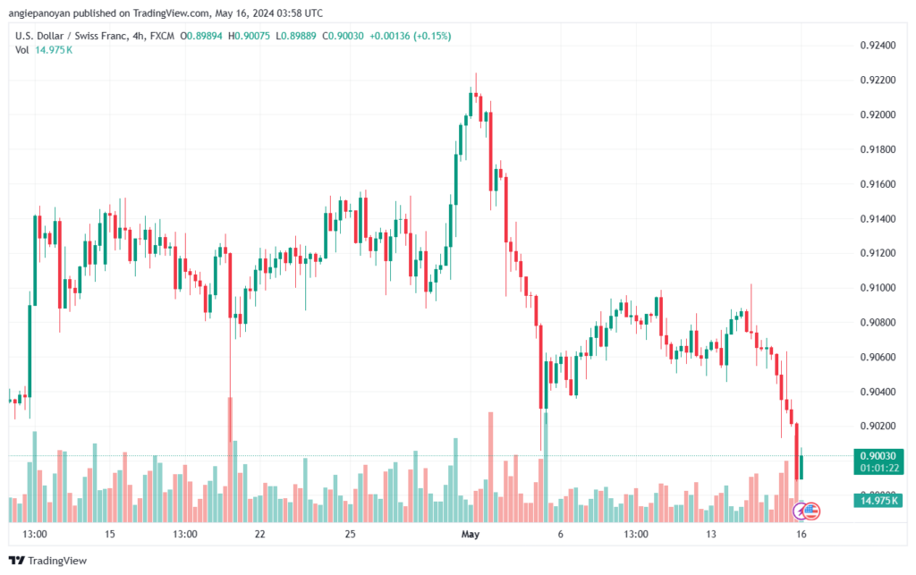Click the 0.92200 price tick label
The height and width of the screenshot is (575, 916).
(878, 80)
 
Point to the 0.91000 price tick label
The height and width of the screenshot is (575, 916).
(878, 288)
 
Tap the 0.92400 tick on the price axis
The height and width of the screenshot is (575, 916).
(878, 46)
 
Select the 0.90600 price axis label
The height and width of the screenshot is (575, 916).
(878, 358)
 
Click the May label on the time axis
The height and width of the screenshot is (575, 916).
(471, 534)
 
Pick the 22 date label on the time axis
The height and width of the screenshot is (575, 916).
(260, 534)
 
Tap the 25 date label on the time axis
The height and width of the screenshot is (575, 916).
(350, 534)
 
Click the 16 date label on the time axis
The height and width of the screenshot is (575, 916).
(801, 534)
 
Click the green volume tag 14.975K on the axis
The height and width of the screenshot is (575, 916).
(878, 500)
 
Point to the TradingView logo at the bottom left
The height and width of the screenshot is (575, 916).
(48, 561)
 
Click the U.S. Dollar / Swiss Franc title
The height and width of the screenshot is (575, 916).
(71, 36)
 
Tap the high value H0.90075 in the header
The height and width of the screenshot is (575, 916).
(249, 36)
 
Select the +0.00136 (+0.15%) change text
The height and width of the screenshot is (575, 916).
(410, 36)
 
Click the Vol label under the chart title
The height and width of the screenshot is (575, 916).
(21, 50)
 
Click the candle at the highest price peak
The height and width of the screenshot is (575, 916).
(476, 93)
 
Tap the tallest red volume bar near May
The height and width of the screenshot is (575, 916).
(491, 467)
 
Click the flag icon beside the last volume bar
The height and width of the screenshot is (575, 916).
(810, 512)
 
